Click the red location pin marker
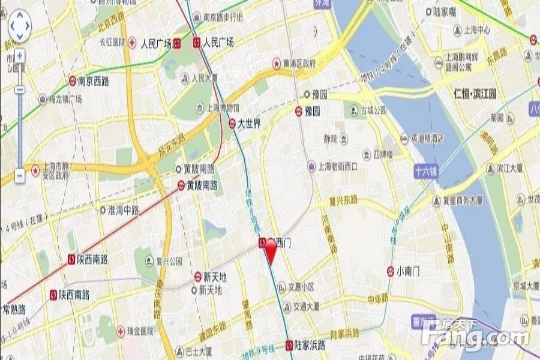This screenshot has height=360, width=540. (x=271, y=250)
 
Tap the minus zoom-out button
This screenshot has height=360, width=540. (x=19, y=175)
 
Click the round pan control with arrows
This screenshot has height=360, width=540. (x=20, y=26)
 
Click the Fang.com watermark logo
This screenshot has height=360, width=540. (x=474, y=337)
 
